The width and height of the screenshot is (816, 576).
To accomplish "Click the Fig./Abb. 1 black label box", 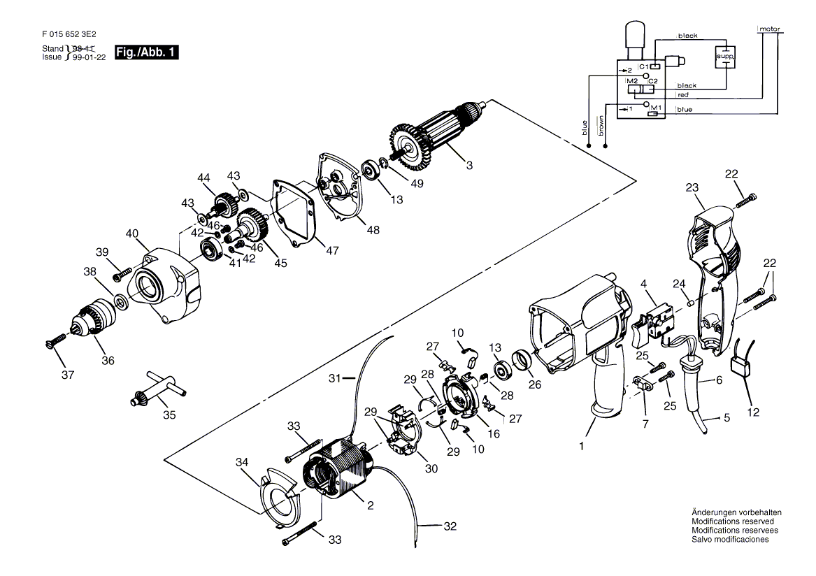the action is [x=146, y=52].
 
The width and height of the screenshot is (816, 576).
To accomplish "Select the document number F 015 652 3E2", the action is [x=69, y=34].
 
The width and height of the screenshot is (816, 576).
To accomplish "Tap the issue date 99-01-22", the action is [x=89, y=57].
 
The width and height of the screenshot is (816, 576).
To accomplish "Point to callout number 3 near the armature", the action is [x=469, y=166].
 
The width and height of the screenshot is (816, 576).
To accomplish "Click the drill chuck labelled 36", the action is [x=94, y=320].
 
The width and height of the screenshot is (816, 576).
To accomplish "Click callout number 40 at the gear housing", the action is [x=132, y=233].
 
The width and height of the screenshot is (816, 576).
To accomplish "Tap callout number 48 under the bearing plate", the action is [x=373, y=229].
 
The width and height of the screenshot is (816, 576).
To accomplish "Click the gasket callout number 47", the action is [x=332, y=250].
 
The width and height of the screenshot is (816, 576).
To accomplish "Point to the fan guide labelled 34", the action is [x=280, y=498].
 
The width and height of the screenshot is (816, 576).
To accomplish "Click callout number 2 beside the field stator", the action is [x=370, y=505].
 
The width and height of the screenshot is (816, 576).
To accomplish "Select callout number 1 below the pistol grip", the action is [x=582, y=446].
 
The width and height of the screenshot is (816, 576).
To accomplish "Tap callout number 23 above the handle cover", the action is [x=692, y=187].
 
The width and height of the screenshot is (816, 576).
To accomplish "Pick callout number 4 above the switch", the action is [x=644, y=284].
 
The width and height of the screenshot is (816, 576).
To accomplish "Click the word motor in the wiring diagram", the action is [x=770, y=29].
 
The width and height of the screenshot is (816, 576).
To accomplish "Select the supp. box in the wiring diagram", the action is [x=725, y=55].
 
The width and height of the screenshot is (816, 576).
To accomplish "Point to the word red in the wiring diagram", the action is [x=682, y=94].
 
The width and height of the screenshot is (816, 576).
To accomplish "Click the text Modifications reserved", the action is [x=733, y=521].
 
